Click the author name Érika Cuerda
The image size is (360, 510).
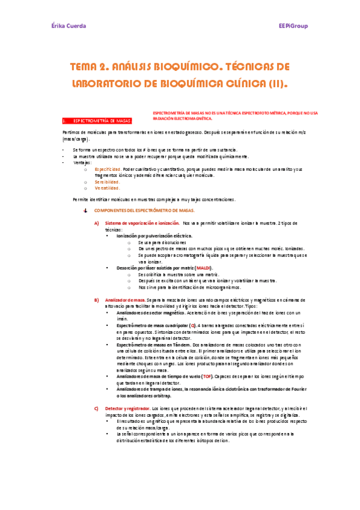[68, 26]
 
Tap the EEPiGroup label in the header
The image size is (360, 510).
[293, 26]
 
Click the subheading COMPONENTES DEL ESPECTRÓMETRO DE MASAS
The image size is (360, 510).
[145, 211]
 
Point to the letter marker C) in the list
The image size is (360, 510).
[96, 409]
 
